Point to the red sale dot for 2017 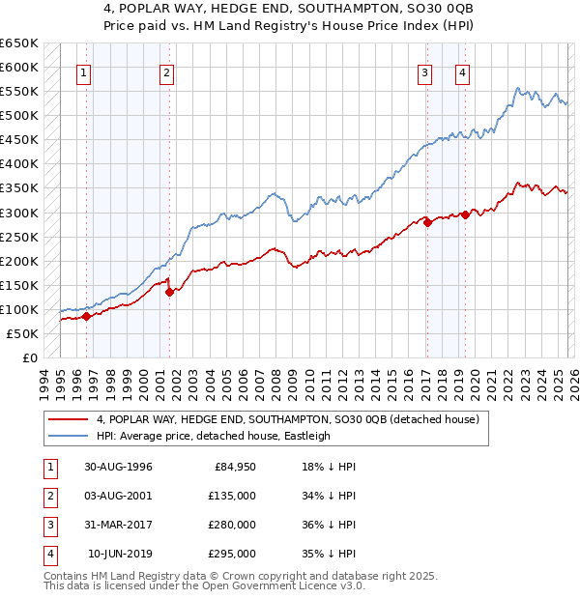coord(427,222)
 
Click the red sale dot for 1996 coord(86,316)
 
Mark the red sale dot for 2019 coord(465,214)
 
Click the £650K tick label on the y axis coord(19,43)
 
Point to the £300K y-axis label coord(19,213)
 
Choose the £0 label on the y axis coord(28,357)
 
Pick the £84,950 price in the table coord(232,467)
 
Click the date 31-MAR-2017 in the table coord(118,527)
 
